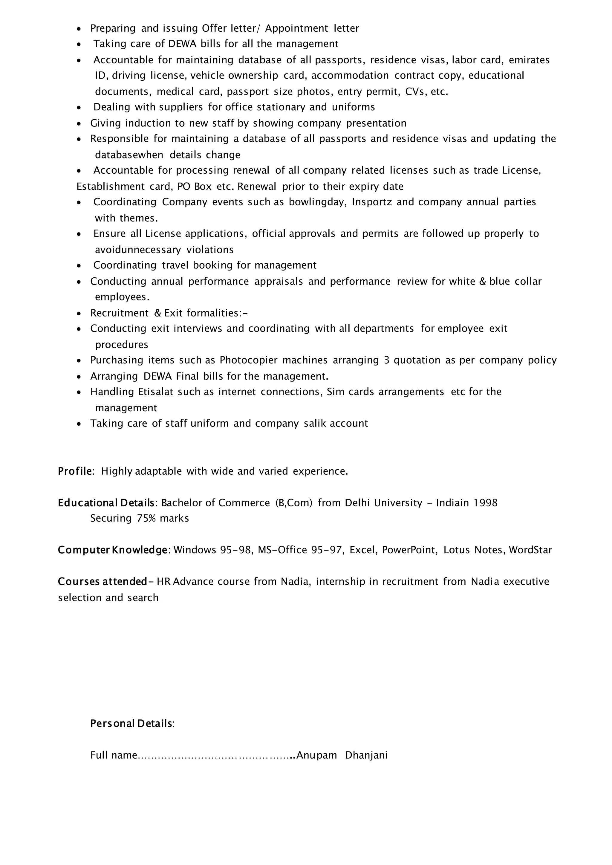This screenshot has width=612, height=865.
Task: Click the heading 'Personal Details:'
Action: click(x=132, y=723)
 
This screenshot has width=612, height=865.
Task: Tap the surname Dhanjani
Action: click(x=366, y=755)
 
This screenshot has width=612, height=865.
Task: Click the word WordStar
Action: click(x=530, y=550)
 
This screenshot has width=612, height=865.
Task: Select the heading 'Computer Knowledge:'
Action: click(x=114, y=550)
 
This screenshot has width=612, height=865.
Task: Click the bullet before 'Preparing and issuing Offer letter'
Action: click(x=79, y=29)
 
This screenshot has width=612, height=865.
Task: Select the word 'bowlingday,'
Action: click(x=318, y=202)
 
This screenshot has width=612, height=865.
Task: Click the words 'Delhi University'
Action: click(x=383, y=503)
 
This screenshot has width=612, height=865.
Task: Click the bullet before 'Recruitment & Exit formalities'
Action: click(x=79, y=313)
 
